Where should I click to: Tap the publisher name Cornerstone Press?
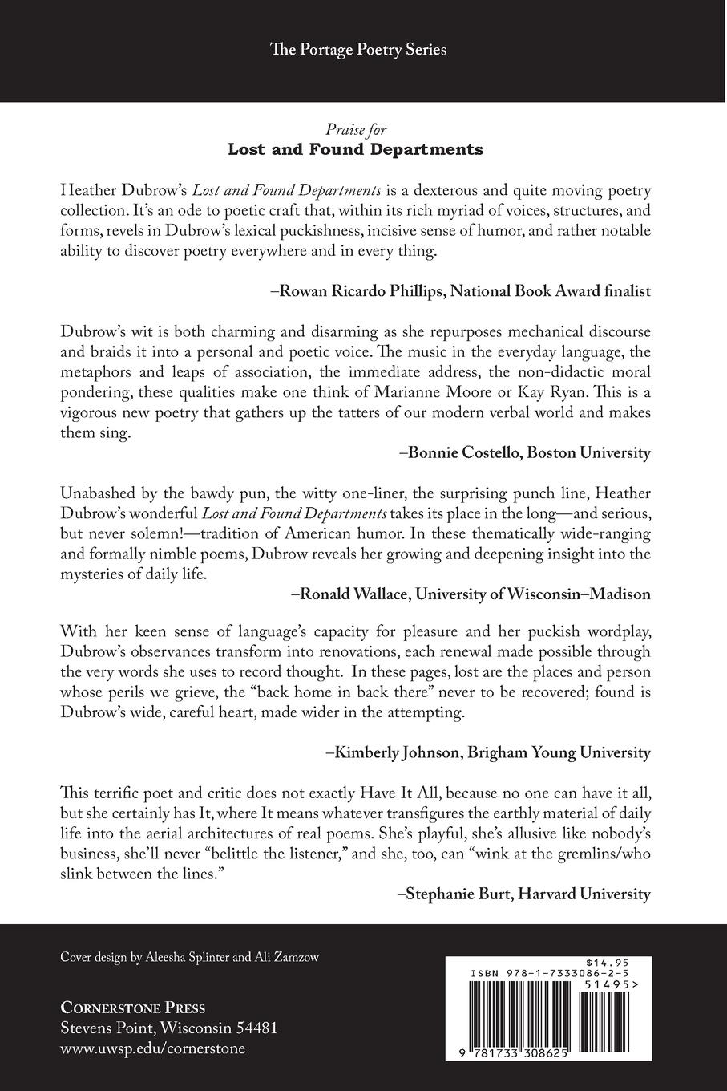133,1008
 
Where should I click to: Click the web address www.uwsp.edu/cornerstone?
153,1048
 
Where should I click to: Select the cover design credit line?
189,958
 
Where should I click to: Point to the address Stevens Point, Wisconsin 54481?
169,1028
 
